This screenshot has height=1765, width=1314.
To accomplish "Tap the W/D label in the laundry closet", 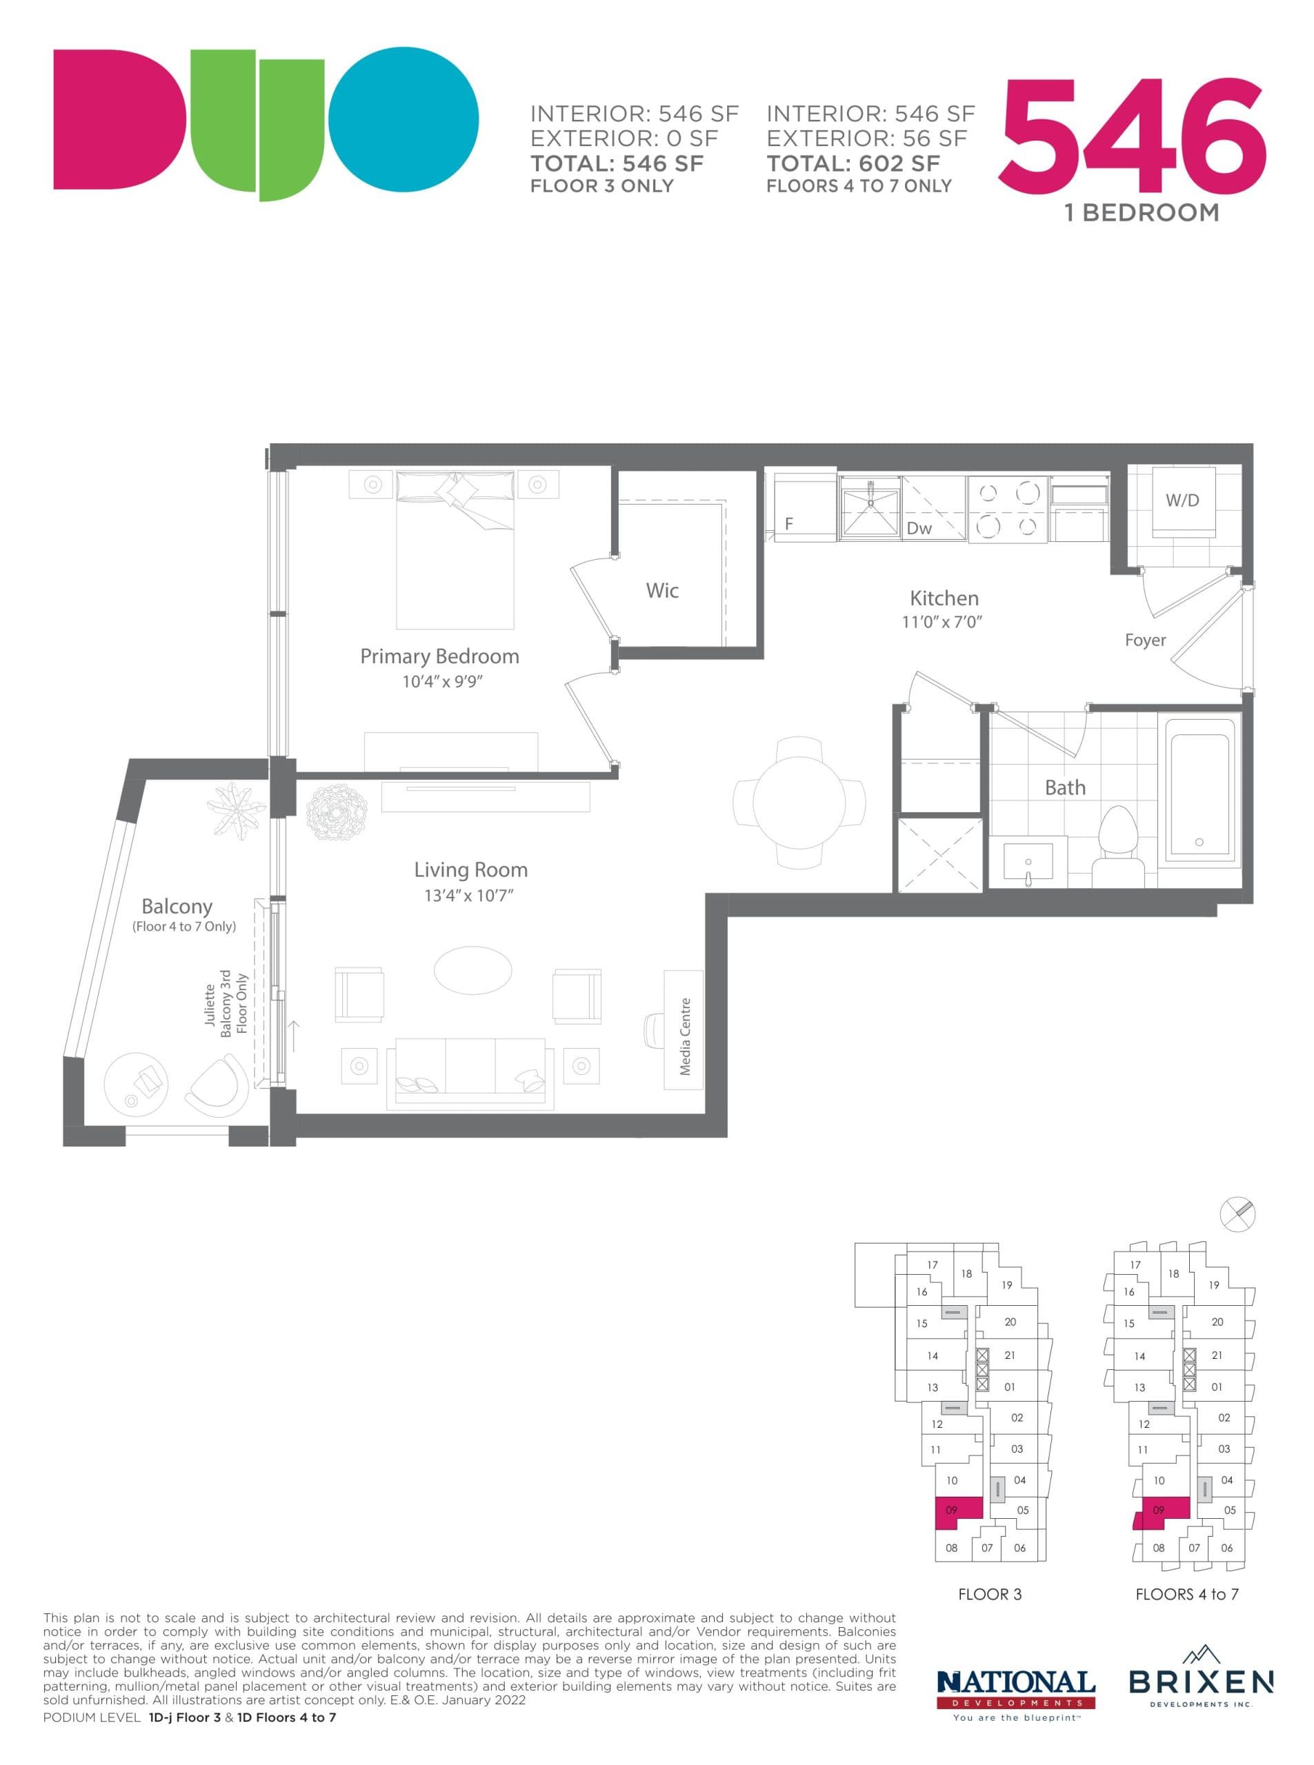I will click(x=1182, y=500).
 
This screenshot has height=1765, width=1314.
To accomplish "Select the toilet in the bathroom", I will click(x=1118, y=845).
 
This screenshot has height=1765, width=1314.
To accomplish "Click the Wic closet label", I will click(x=661, y=591).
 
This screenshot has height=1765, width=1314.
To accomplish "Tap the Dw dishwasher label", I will click(x=919, y=528).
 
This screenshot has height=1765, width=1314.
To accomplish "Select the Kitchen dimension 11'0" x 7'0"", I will click(x=942, y=622).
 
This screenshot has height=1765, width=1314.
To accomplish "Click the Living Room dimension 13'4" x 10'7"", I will click(x=468, y=895).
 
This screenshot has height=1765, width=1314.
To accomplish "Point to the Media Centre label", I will click(x=685, y=1037).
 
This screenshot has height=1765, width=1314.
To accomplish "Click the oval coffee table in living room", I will click(x=472, y=970).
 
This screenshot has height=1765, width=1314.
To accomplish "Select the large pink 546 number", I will click(x=1133, y=139).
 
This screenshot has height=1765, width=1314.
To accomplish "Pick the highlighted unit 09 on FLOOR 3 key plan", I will click(x=957, y=1513).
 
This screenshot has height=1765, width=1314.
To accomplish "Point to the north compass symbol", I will click(x=1237, y=1214).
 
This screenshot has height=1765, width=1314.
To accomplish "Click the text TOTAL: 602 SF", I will click(x=853, y=164).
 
